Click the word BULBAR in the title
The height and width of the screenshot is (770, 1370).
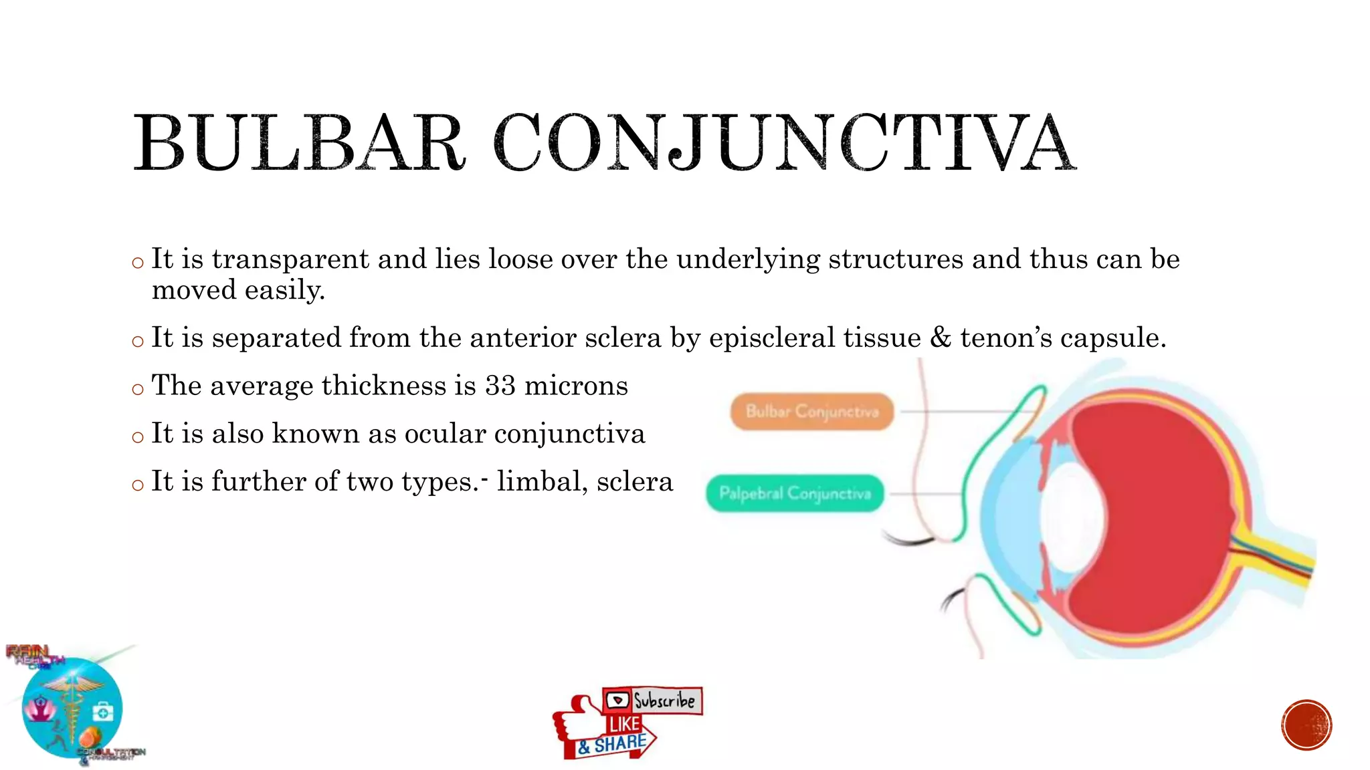coord(298,143)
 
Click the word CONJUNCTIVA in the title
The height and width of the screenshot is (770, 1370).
coord(784,143)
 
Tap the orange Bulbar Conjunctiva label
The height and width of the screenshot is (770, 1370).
coord(811,411)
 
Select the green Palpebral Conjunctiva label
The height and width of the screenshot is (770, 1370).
coord(795,493)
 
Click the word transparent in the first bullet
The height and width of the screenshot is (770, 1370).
coord(290,259)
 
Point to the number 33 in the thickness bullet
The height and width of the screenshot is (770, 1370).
coord(500,386)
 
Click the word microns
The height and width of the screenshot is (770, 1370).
coord(576,386)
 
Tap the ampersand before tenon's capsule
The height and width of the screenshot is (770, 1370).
coord(940,338)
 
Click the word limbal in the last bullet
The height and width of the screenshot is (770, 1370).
coord(539,481)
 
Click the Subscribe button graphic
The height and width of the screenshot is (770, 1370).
coord(653,700)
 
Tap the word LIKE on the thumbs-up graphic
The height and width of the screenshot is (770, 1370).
coord(624,724)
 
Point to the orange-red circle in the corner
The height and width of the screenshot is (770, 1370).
coord(1306,725)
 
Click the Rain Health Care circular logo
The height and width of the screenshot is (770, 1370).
coord(72,707)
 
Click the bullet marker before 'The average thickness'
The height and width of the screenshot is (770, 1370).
coord(138,389)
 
